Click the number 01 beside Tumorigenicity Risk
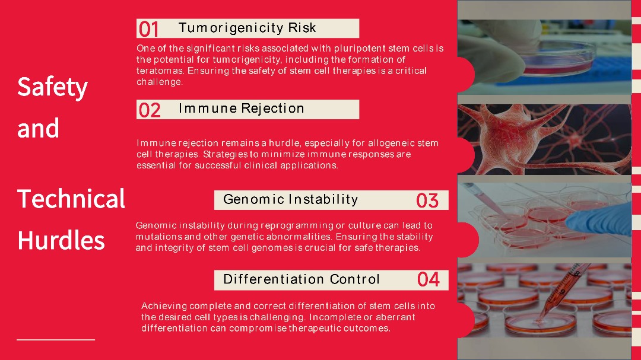point(148,29)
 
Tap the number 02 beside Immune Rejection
point(150,110)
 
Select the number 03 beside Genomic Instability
point(427,200)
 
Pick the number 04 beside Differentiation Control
point(429,279)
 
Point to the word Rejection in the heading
point(272,109)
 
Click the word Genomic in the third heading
point(253,199)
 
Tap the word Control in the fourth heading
point(355,279)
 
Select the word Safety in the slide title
point(53,87)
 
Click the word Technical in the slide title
point(71,199)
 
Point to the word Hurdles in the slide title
point(61,240)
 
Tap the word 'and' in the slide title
point(38,128)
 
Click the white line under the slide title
point(56,340)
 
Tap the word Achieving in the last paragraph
point(164,306)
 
